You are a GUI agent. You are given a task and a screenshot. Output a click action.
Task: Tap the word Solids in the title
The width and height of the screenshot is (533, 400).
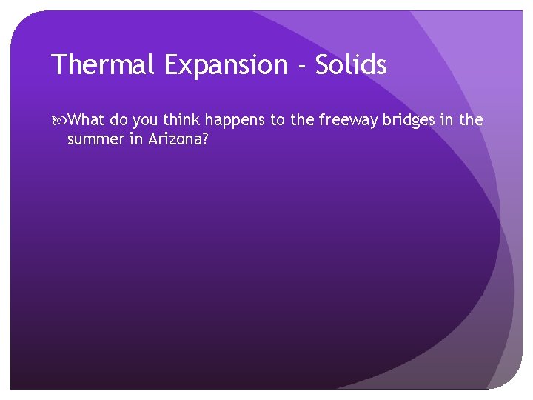(351, 65)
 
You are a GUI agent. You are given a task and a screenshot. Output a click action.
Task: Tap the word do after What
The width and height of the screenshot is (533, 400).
(119, 120)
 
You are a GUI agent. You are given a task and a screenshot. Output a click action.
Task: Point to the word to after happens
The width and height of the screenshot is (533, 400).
(278, 120)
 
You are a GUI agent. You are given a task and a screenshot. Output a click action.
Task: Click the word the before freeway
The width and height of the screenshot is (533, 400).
(303, 120)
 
